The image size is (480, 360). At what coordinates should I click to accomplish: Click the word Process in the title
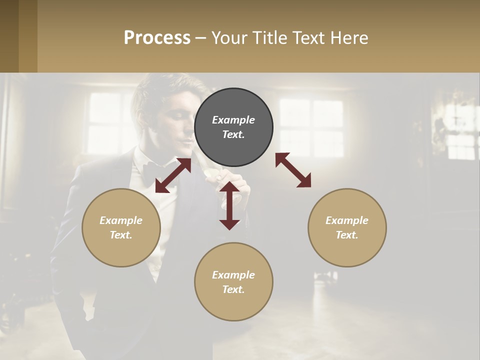[157, 38]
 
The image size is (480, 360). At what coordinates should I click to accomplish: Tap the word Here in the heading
[349, 38]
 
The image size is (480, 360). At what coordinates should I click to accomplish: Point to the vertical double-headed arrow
[229, 205]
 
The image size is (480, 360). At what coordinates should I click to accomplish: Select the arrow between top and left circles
[173, 175]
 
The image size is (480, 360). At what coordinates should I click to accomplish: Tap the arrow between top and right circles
[293, 170]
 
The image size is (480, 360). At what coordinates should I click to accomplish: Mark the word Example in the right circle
[347, 220]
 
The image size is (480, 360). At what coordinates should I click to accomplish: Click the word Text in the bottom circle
[233, 289]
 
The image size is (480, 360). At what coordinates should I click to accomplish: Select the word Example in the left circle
[121, 220]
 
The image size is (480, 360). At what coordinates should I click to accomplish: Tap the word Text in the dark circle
[233, 135]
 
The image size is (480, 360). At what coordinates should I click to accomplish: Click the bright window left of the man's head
[105, 122]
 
